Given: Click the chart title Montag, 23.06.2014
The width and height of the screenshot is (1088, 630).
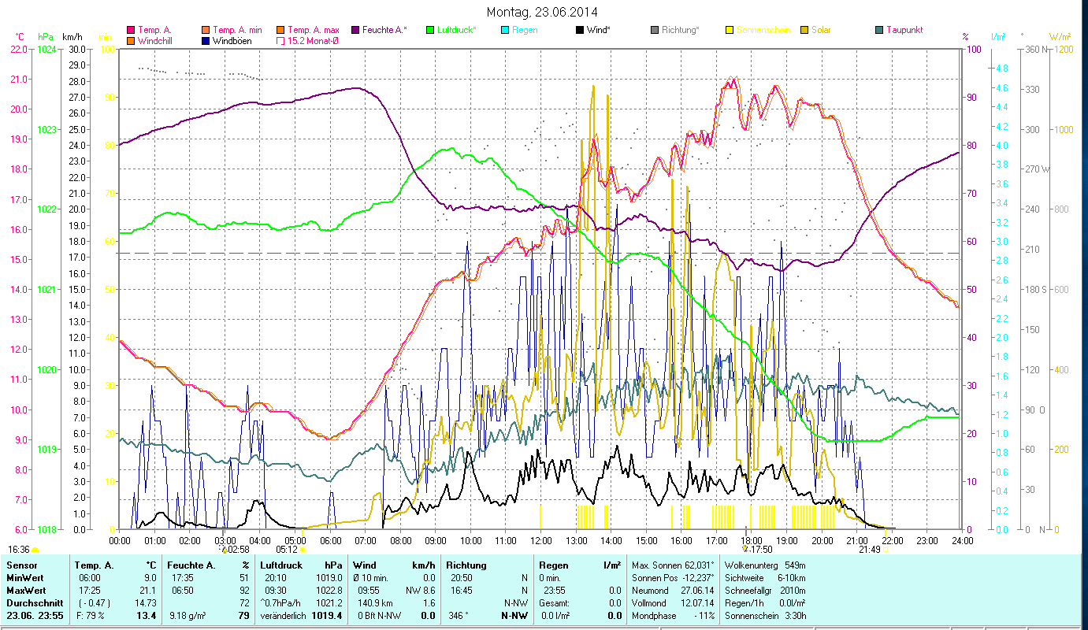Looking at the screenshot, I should (542, 12).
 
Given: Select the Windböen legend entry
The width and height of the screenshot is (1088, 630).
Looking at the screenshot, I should (232, 41).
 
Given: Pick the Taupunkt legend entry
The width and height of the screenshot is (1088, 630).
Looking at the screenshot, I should (904, 30).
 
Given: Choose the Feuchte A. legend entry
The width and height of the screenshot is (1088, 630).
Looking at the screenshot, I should (384, 30).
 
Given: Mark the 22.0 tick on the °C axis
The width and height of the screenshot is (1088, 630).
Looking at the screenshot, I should (19, 49).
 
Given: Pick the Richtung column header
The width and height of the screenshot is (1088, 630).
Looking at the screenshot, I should (466, 565).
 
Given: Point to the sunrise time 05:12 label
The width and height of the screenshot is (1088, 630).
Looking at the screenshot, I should (287, 550).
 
